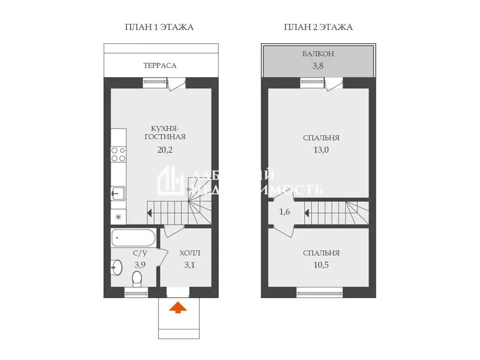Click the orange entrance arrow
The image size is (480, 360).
coord(177,307)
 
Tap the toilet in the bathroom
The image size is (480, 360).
coord(137,279)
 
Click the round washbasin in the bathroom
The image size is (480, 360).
coord(117,268)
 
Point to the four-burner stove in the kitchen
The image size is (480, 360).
coord(119,154)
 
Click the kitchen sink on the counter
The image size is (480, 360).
coord(118,192)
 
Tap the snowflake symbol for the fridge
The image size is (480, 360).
coord(119,217)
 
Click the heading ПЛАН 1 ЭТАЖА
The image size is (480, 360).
coord(159,27)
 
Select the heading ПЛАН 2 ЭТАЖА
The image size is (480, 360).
coord(318,27)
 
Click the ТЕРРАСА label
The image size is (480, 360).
coord(160,66)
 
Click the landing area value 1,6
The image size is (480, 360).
coord(285,212)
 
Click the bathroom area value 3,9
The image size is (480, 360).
coord(140,265)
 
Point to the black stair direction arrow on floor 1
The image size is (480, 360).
coord(150,213)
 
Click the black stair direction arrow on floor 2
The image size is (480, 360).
coord(307,213)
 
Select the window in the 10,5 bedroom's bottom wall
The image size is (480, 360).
coord(320,294)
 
